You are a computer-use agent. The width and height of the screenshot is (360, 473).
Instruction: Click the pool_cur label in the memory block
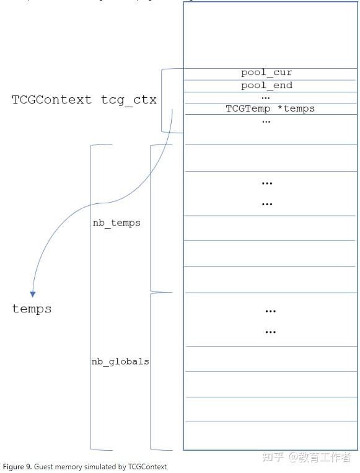(266, 73)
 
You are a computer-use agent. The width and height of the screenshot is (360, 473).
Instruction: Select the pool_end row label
(266, 86)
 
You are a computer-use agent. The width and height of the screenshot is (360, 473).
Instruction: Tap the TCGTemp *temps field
(270, 108)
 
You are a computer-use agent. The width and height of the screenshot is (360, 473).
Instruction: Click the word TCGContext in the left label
(51, 100)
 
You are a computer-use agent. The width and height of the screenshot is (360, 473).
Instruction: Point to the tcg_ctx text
(129, 100)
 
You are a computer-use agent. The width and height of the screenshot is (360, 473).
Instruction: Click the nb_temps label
(116, 223)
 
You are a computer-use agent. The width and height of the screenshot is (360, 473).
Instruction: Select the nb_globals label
(120, 361)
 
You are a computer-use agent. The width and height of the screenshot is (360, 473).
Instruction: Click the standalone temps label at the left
(32, 309)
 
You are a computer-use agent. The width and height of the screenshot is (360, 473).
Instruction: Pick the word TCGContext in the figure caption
(147, 467)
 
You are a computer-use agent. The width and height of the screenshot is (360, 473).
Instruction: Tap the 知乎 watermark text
(273, 458)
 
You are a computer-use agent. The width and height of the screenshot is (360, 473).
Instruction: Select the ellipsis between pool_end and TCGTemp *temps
(266, 97)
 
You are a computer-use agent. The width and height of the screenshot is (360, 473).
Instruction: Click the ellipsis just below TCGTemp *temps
(266, 121)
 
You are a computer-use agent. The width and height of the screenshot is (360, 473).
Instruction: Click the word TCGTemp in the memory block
(248, 108)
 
